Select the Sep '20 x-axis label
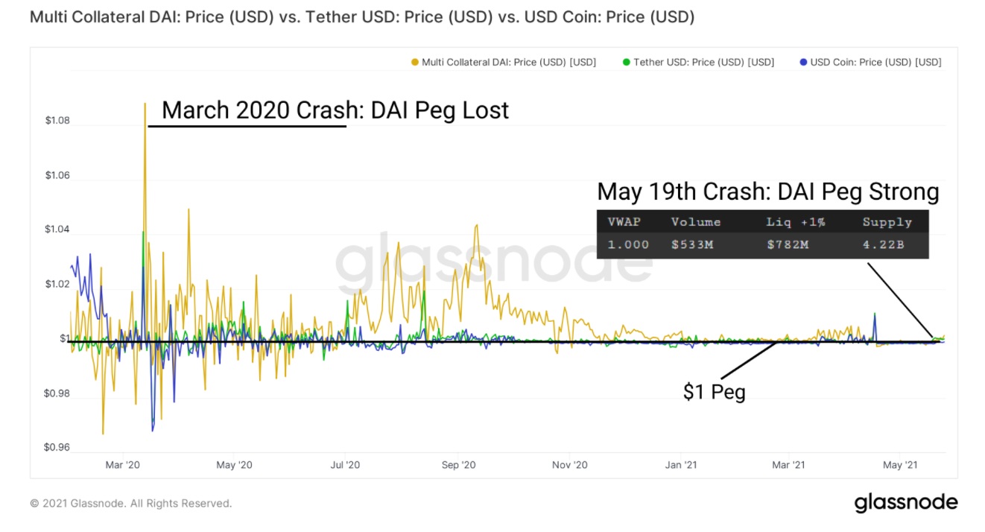[x=458, y=465]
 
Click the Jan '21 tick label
[x=681, y=465]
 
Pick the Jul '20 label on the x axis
[x=345, y=465]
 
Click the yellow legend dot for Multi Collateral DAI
[x=415, y=63]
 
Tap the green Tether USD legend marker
[x=626, y=63]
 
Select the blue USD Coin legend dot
[x=802, y=63]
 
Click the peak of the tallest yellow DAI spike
[x=145, y=104]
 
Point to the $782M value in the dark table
[x=787, y=244]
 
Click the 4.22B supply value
[x=883, y=244]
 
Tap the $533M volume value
[x=692, y=244]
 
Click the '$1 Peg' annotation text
[x=714, y=392]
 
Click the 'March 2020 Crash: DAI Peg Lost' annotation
[x=335, y=110]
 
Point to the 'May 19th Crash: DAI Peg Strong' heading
[x=767, y=192]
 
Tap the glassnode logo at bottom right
[x=905, y=503]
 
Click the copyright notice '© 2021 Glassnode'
[x=131, y=504]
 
